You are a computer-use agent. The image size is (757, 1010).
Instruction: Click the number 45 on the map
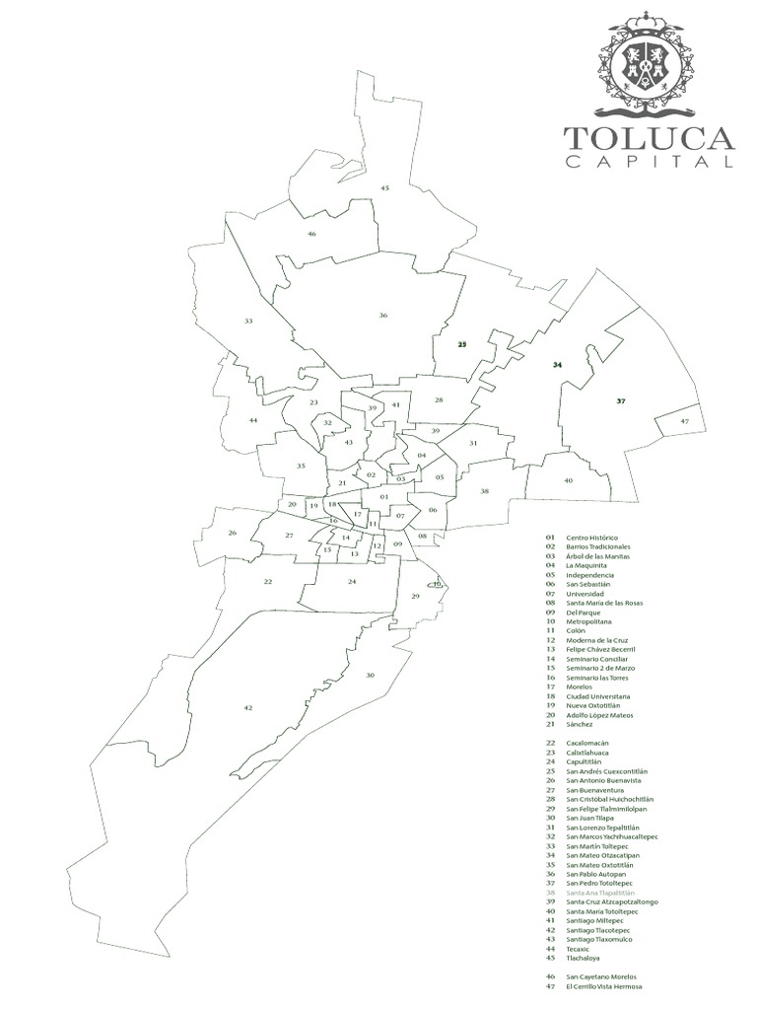pos(384,187)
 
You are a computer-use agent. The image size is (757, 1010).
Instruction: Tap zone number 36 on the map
pos(383,316)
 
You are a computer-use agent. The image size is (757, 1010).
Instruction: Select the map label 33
pos(248,322)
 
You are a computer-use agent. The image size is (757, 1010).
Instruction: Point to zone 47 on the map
pos(685,421)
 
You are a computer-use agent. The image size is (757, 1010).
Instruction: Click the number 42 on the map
pos(247,708)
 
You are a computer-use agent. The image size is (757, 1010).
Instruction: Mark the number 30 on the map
pos(370,675)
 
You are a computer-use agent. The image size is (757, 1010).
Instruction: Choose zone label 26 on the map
pos(233,533)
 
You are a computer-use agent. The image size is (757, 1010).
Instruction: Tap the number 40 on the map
pos(568,480)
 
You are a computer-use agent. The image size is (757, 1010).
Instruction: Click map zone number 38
pos(484,491)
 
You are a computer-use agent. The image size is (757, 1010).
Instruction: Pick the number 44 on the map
pos(253,421)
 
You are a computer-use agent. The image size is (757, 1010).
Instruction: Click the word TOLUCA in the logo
pos(649,137)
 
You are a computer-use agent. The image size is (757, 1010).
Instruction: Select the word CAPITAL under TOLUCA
pos(649,162)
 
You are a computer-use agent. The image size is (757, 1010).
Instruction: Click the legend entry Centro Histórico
pos(591,538)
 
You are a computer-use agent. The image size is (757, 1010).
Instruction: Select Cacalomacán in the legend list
pos(587,743)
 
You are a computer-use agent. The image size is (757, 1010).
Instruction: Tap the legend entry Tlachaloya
pos(583,958)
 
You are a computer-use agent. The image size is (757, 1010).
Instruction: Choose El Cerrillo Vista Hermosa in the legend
pos(603,986)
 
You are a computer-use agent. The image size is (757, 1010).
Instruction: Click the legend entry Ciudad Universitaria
pos(598,696)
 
